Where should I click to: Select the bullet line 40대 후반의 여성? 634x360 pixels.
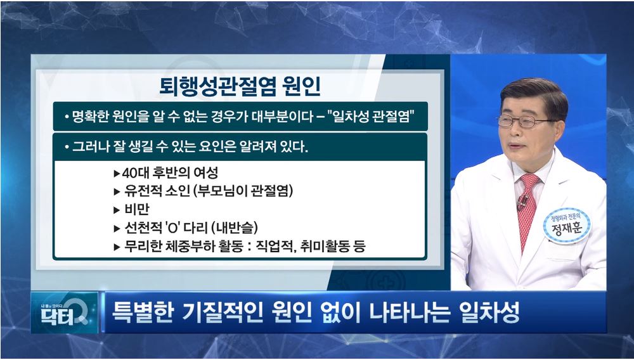point(165,173)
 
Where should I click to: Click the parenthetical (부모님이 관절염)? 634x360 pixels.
point(243,191)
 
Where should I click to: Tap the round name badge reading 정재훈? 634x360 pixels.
point(567,226)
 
